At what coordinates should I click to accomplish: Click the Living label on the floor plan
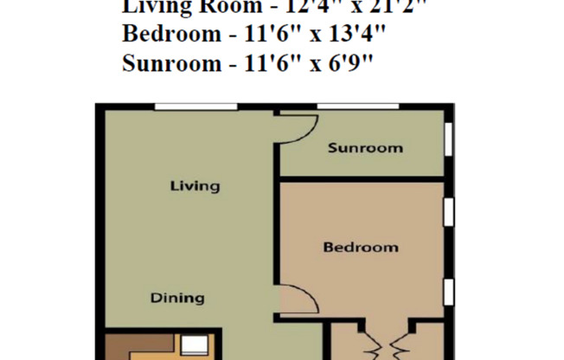pos(195,186)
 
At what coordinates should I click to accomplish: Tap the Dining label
pos(177,299)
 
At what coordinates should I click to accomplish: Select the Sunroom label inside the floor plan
pos(365,148)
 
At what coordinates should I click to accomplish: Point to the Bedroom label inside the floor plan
pos(361,247)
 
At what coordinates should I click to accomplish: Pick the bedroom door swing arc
pos(295,301)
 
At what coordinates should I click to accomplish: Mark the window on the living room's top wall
pos(195,106)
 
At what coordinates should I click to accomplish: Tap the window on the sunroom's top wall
pos(357,106)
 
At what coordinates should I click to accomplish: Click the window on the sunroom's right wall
pos(448,138)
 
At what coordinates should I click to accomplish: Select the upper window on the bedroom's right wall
pos(448,212)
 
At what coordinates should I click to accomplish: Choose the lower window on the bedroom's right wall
pos(448,292)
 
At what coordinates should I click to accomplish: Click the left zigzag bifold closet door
pos(373,346)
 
